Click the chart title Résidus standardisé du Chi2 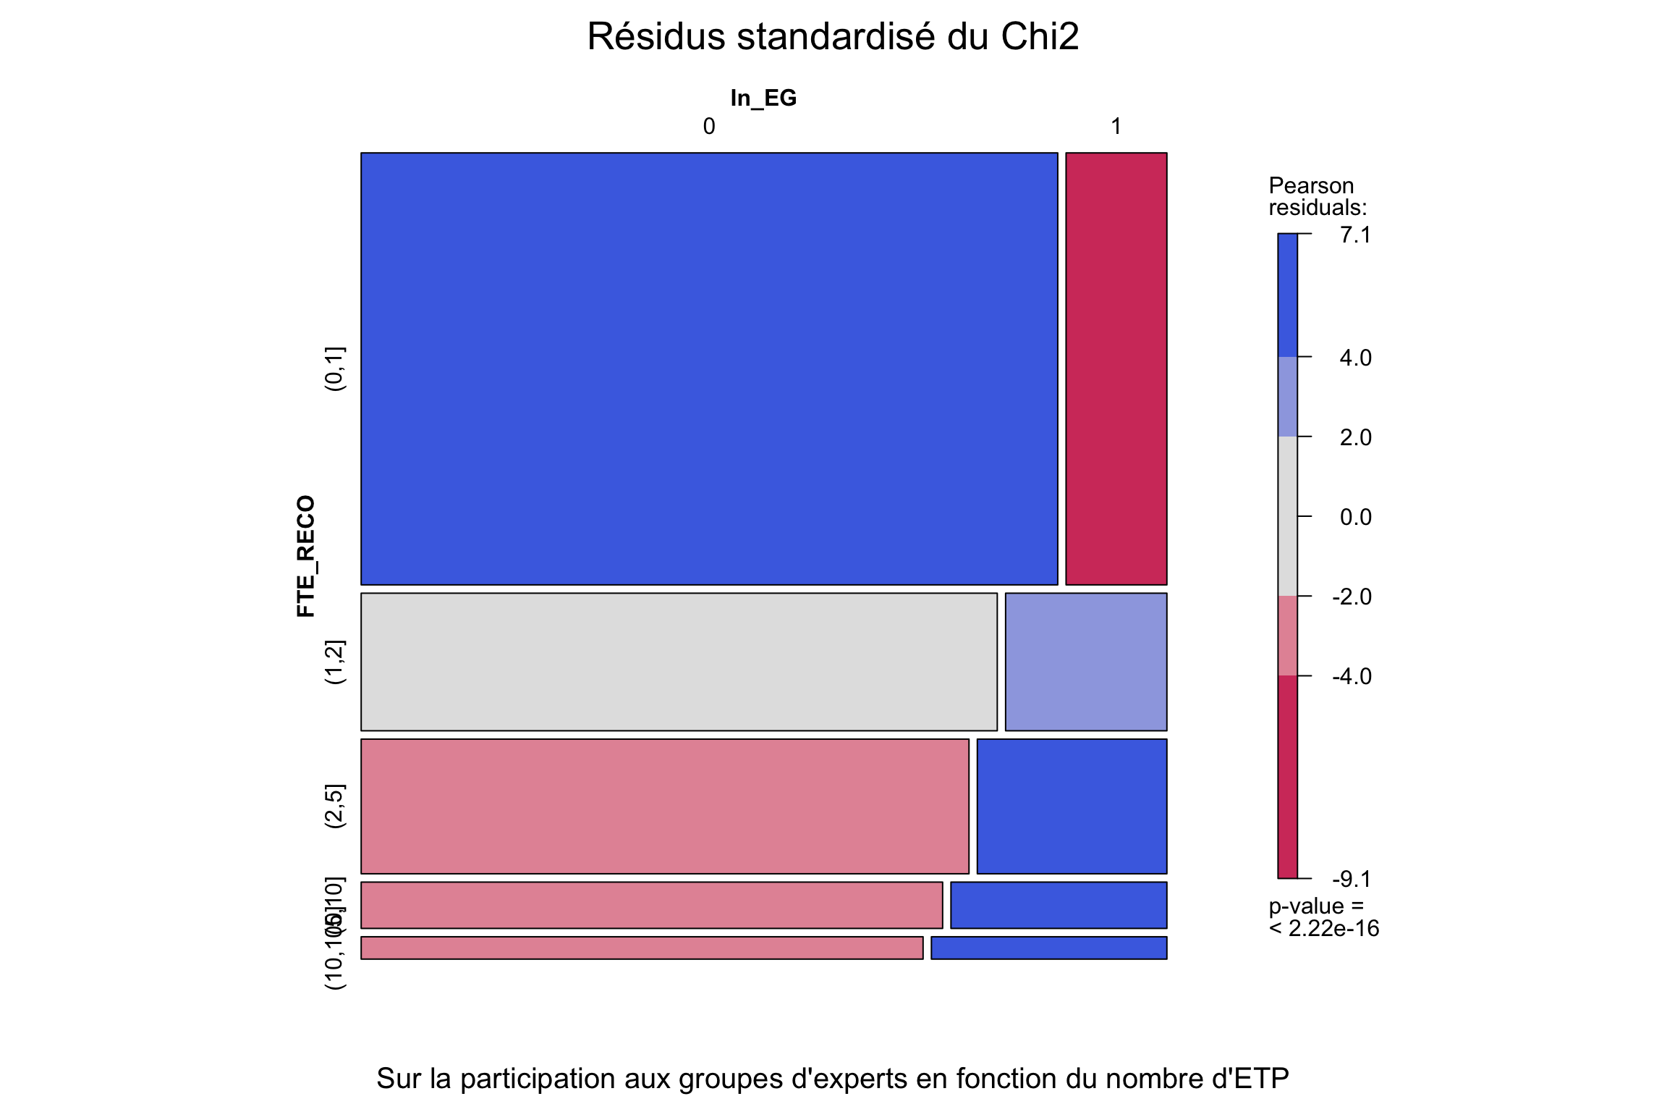point(833,36)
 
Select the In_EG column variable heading point(763,98)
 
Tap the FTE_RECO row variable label point(306,556)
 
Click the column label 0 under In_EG point(709,127)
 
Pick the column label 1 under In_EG point(1116,127)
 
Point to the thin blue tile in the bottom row point(1048,948)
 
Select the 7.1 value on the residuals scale point(1355,235)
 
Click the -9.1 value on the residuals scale point(1352,879)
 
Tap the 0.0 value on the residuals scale point(1355,517)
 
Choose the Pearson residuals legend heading point(1318,197)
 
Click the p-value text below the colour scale point(1323,917)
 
